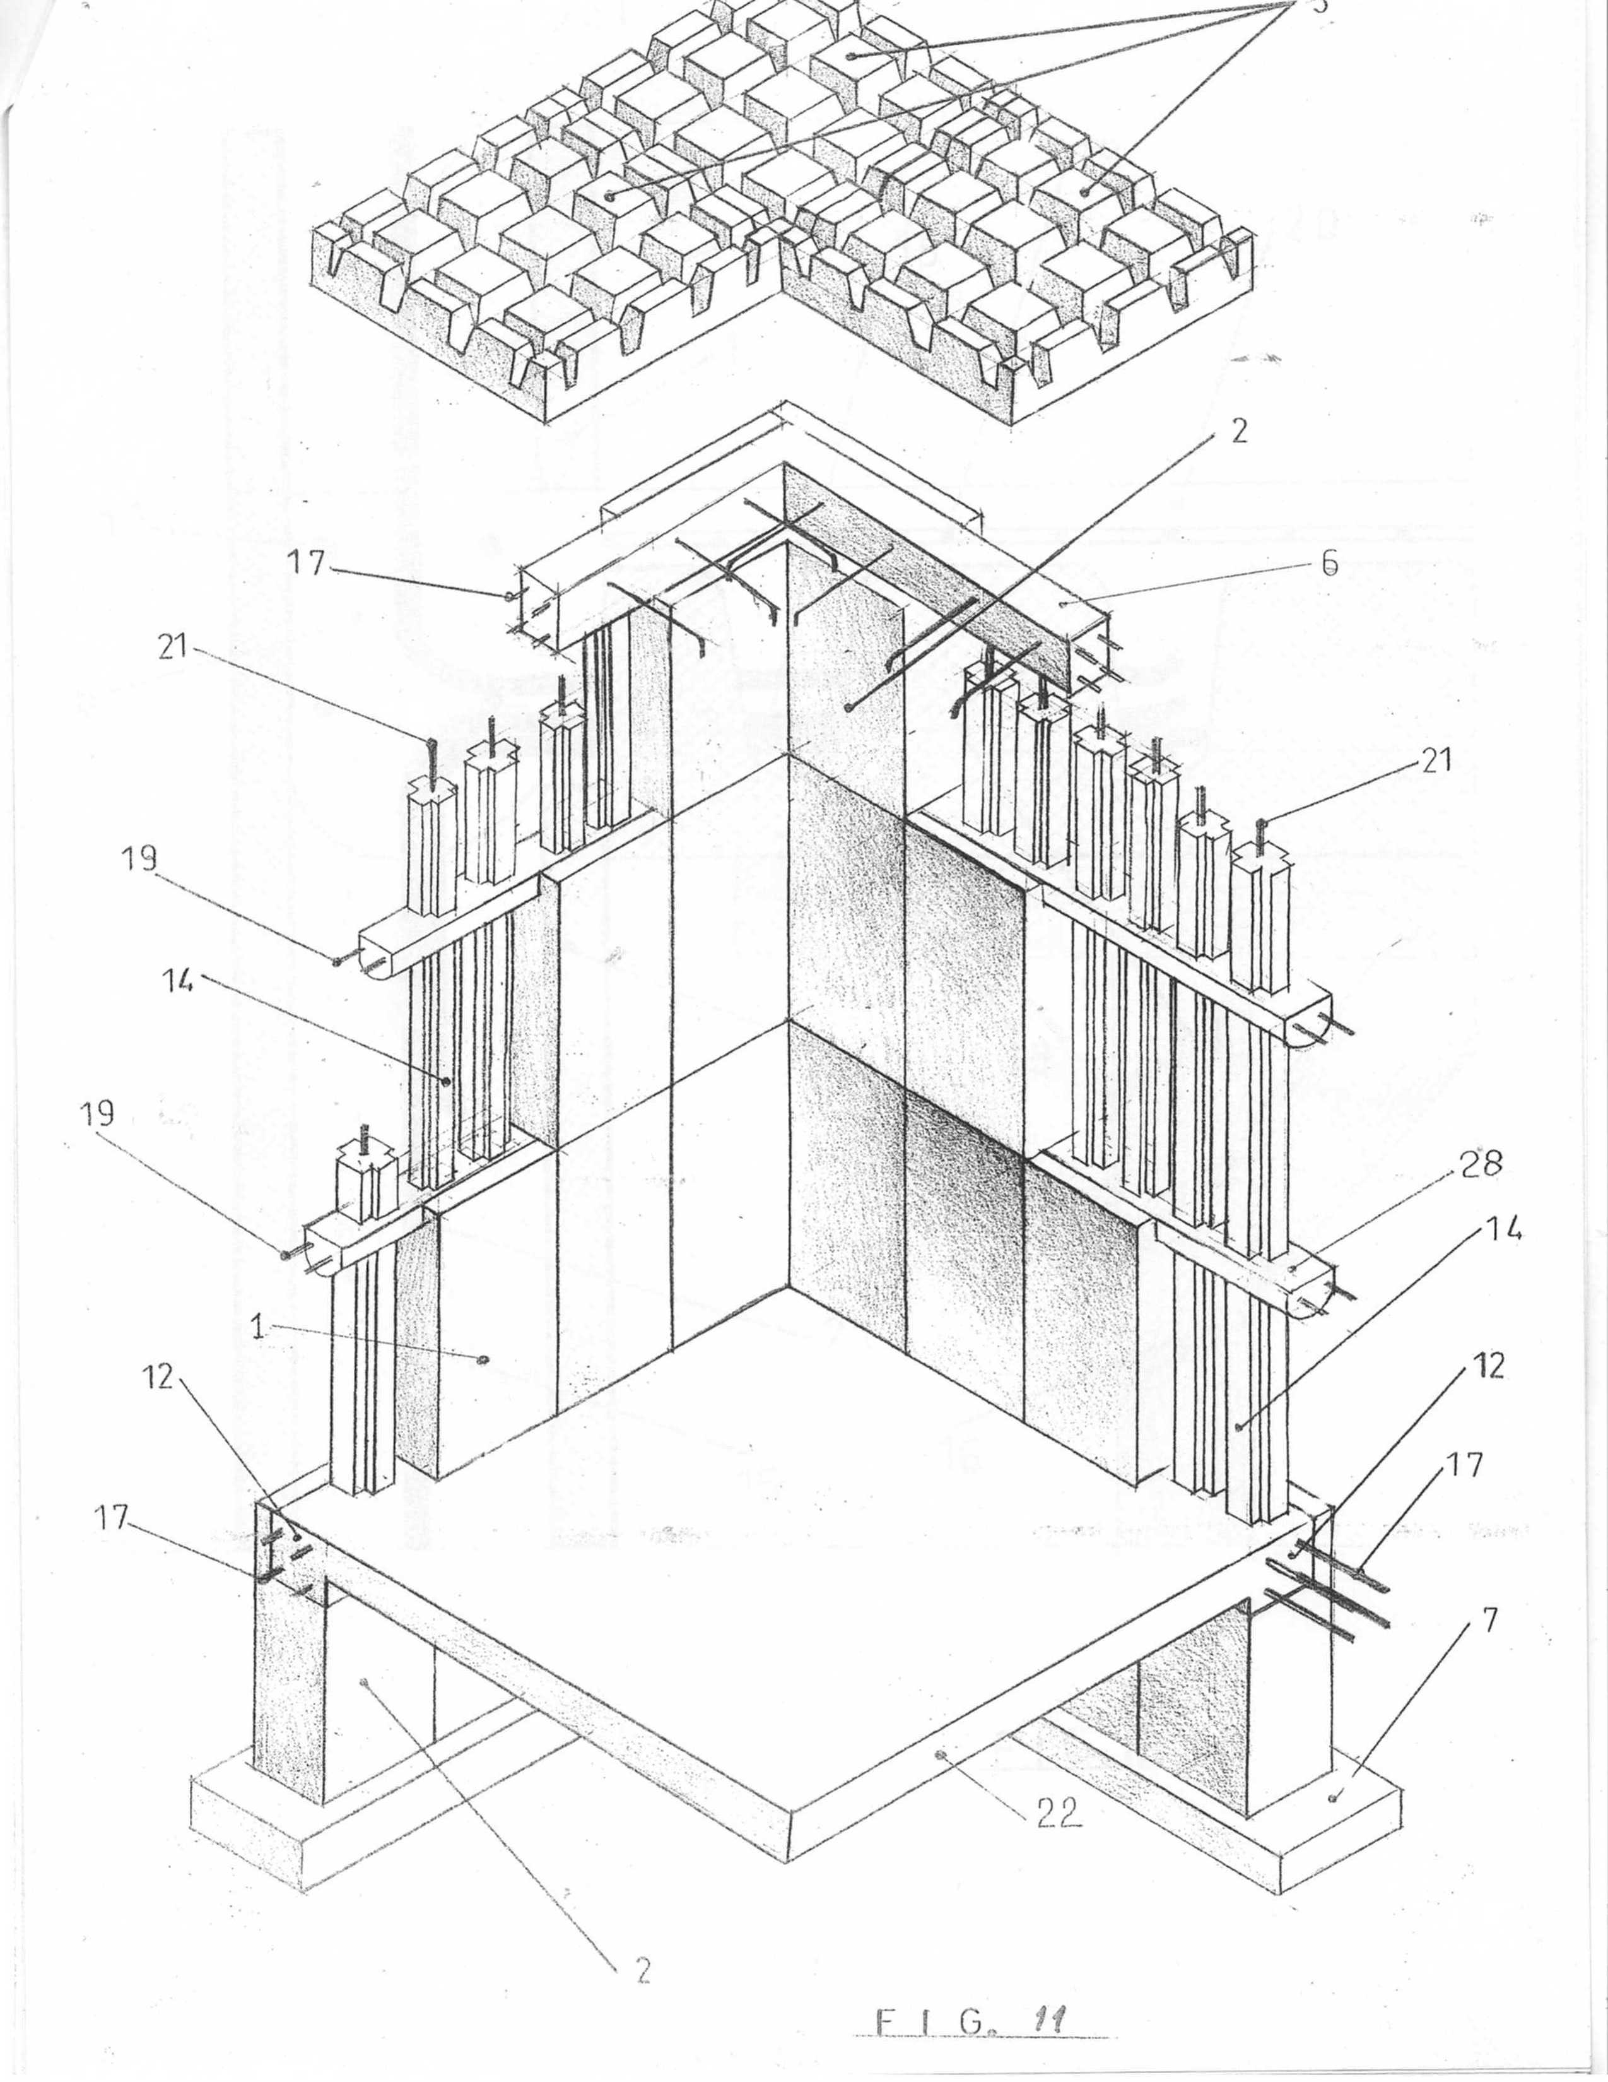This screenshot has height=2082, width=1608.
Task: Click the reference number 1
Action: coord(257,1327)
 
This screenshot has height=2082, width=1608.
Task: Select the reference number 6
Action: coord(1329,564)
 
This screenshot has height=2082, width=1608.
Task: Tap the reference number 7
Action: coord(1490,1619)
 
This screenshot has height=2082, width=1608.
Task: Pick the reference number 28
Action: coord(1481,1164)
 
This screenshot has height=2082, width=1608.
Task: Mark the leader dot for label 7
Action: coord(1332,1798)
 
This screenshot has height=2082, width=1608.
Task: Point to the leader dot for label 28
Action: coord(1293,1269)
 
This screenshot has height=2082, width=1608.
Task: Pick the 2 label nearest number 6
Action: coord(1238,432)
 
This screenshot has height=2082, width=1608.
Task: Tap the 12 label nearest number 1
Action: coord(159,1376)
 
